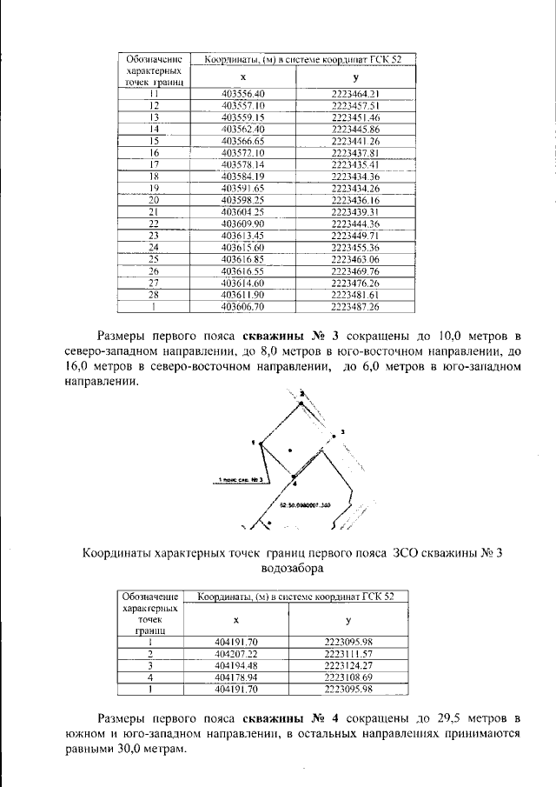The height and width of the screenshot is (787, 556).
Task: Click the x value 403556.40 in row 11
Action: click(242, 92)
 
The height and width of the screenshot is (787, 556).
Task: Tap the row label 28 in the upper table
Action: click(153, 295)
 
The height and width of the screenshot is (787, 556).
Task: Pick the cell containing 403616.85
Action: click(242, 259)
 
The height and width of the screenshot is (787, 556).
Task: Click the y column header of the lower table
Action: click(347, 621)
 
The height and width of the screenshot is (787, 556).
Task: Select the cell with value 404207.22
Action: click(236, 653)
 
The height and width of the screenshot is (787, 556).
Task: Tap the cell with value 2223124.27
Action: click(347, 665)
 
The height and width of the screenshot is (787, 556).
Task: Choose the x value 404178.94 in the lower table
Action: click(236, 677)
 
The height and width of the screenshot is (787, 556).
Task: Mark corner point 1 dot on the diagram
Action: click(257, 443)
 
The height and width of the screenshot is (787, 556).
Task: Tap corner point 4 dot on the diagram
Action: click(294, 477)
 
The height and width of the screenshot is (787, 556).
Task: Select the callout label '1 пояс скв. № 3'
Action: click(241, 479)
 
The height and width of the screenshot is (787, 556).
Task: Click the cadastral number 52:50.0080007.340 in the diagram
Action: click(305, 504)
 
